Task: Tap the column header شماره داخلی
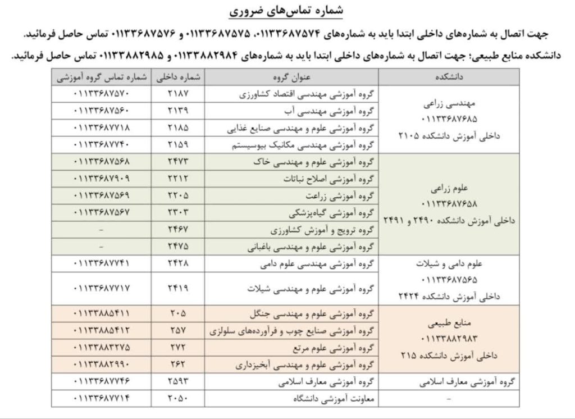[178, 76]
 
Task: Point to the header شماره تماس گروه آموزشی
[102, 76]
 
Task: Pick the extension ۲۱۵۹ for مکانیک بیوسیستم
[178, 145]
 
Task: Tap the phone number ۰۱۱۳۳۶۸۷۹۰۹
[102, 179]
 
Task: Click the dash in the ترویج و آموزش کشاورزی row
[102, 230]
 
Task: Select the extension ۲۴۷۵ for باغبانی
[178, 247]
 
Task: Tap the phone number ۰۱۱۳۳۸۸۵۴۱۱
[102, 313]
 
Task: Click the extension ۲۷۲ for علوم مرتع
[178, 348]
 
